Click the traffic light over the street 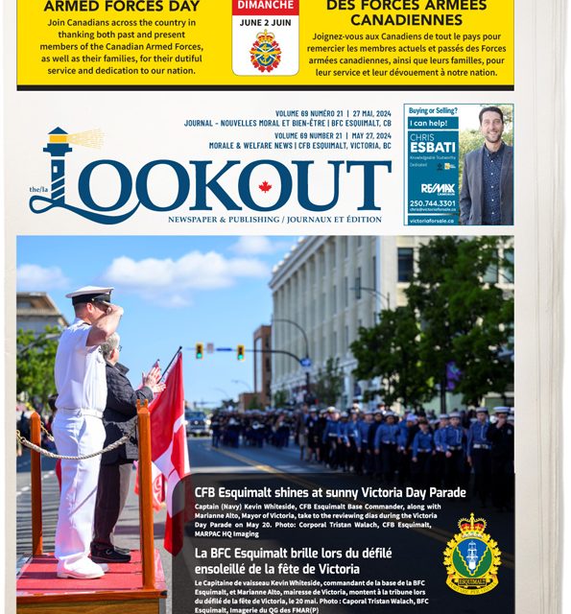coord(200,351)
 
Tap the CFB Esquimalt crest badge coord(472,554)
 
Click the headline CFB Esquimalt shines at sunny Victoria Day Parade coord(330,492)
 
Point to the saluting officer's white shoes coord(81,568)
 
